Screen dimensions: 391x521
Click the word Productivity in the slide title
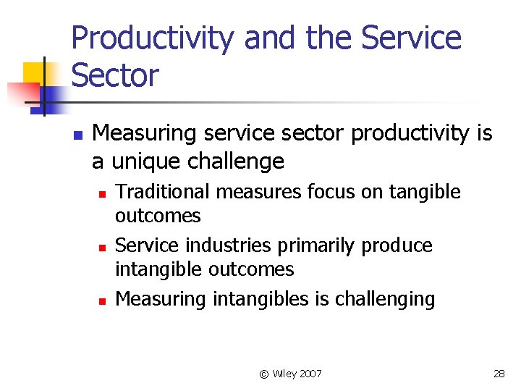[x=153, y=38]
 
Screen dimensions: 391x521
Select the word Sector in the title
[x=115, y=75]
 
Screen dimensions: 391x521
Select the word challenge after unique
[x=240, y=161]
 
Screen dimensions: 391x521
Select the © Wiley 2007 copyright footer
[x=291, y=374]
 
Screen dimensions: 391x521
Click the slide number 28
[x=499, y=374]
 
